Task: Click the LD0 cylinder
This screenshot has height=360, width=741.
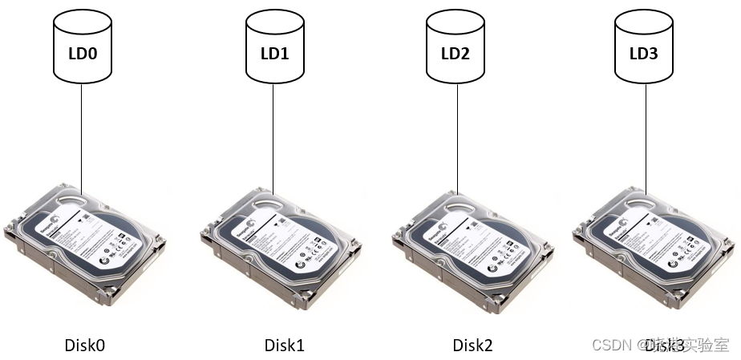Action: point(82,48)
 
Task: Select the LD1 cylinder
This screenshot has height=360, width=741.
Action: point(273,48)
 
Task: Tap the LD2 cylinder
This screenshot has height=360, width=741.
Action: point(456,48)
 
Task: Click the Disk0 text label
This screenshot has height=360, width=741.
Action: point(85,346)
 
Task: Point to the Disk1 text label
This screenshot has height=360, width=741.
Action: point(285,346)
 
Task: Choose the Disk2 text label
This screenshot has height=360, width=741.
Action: point(473,346)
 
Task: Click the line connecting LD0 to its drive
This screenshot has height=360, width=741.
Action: point(82,136)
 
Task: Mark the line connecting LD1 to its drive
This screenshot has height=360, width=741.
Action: point(273,136)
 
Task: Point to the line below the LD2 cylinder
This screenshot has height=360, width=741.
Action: point(456,136)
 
